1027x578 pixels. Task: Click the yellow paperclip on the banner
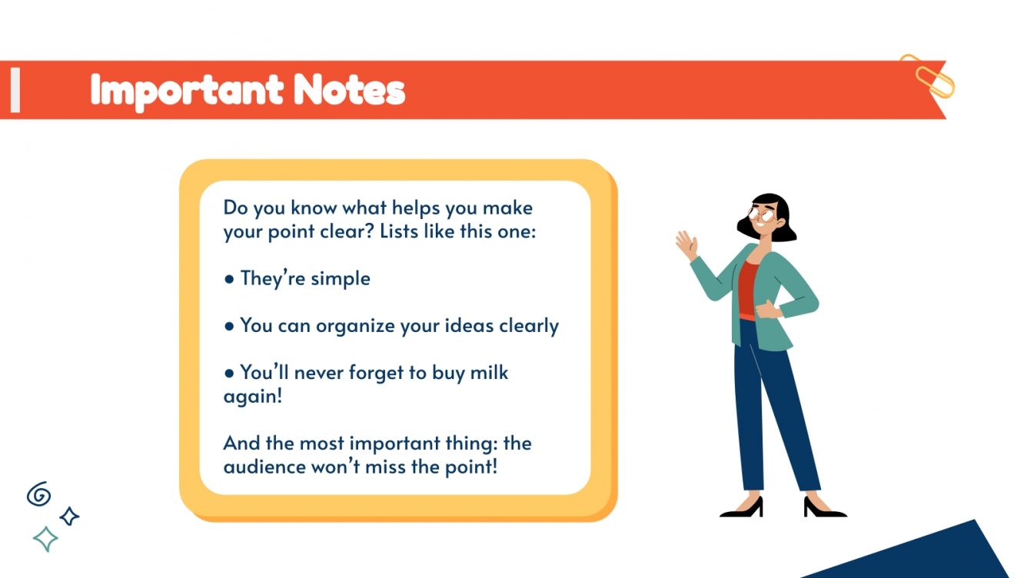click(x=927, y=75)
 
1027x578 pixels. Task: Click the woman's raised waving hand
click(x=686, y=244)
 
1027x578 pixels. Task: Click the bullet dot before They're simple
click(x=229, y=279)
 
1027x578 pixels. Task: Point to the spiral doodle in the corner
click(x=38, y=494)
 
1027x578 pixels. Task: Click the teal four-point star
click(x=45, y=539)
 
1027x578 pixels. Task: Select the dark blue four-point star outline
click(x=69, y=517)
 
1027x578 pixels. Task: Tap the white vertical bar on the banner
click(x=15, y=90)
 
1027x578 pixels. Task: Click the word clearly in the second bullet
click(x=529, y=326)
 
